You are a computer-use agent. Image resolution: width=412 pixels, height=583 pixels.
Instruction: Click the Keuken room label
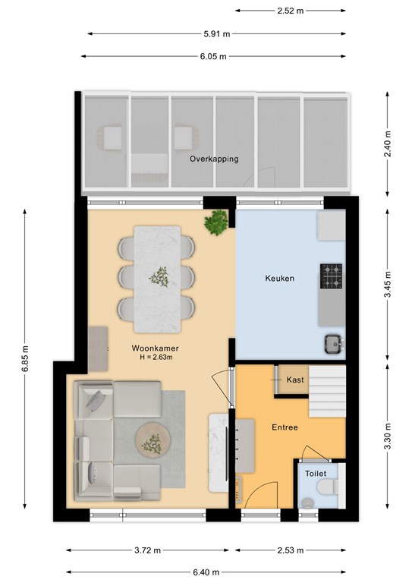[279, 278]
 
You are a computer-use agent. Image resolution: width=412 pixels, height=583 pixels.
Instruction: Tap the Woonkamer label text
[156, 348]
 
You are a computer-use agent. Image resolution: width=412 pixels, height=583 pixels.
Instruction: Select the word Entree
[285, 427]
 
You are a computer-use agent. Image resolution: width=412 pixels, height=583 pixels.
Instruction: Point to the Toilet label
[316, 474]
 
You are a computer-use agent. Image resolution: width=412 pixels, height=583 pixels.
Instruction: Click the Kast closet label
[295, 380]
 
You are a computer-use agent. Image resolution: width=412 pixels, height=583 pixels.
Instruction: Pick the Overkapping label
[214, 159]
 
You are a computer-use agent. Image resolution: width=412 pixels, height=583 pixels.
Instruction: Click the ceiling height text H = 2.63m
[156, 358]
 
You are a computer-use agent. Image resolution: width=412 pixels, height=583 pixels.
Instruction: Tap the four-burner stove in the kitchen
[332, 276]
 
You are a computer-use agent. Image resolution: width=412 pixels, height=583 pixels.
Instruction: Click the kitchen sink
[334, 344]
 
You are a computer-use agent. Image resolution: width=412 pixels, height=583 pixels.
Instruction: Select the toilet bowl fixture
[328, 487]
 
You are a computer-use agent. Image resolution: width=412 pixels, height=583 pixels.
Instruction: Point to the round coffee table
[153, 441]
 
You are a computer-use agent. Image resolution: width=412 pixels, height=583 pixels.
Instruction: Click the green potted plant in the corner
[215, 222]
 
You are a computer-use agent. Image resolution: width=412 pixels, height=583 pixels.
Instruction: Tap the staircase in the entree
[327, 391]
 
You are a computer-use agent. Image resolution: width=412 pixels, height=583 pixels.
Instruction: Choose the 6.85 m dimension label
[24, 359]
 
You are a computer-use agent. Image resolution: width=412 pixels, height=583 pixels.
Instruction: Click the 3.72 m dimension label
[147, 550]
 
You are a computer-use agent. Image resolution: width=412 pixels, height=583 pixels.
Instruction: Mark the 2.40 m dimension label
[388, 144]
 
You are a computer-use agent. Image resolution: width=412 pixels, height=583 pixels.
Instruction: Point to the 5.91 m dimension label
[216, 34]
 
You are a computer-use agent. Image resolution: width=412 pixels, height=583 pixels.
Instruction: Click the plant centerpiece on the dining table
[159, 277]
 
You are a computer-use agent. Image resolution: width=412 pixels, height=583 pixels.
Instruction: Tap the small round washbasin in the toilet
[307, 503]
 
